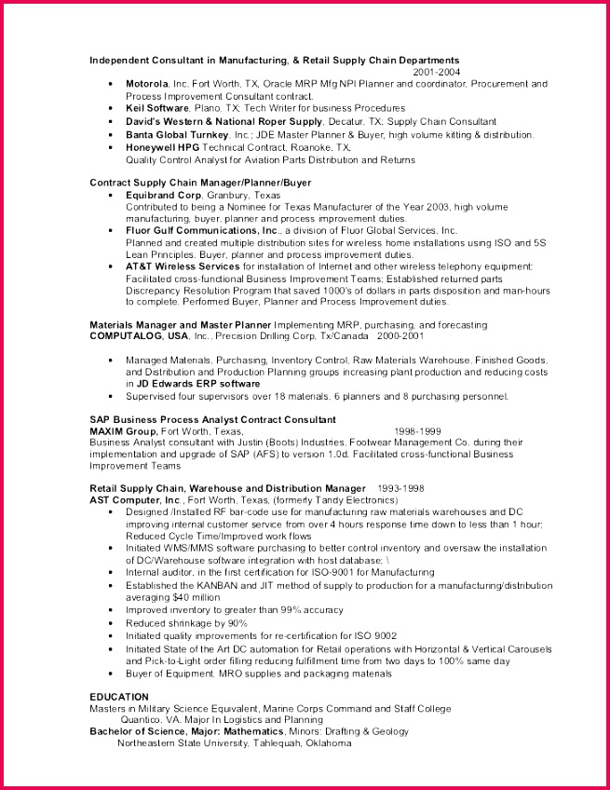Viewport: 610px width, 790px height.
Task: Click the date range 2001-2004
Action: tap(436, 71)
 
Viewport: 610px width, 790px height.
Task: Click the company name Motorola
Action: tap(147, 83)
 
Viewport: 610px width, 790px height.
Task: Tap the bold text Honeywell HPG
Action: tap(163, 147)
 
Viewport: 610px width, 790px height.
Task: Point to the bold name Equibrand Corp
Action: tap(163, 196)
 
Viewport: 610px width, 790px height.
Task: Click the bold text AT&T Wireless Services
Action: tap(183, 266)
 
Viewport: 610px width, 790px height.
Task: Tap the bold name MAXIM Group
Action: tap(123, 431)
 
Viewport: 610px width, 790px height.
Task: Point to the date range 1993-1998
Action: tap(400, 488)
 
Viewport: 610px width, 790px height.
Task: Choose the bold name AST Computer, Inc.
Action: tap(135, 499)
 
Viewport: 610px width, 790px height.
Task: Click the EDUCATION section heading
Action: tap(119, 697)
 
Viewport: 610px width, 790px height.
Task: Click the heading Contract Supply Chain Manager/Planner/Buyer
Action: tap(200, 182)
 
